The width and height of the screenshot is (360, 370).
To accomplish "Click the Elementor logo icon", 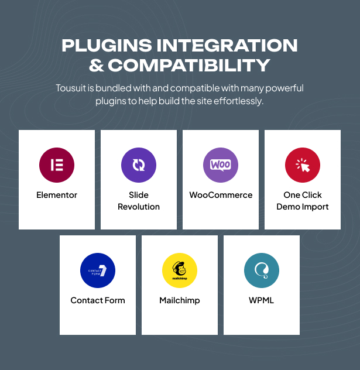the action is (57, 165).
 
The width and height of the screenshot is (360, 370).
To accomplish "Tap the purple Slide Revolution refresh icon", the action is (139, 165).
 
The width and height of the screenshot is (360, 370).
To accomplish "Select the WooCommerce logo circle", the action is (221, 165).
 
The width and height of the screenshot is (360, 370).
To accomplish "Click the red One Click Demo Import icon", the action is (303, 165).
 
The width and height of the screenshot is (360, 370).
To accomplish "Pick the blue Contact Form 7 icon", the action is (98, 270).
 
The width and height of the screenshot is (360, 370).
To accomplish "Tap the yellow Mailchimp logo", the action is (180, 270).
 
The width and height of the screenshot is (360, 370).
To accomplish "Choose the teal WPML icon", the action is (262, 270).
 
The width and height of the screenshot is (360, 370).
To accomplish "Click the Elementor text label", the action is (57, 195).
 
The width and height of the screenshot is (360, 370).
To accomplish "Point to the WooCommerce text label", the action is (221, 195).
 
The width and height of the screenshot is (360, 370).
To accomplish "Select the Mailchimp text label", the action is (180, 301).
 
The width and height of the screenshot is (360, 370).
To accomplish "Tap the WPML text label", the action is (262, 300).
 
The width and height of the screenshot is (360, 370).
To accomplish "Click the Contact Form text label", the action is (98, 300).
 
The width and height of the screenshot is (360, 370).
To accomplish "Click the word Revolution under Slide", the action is (139, 207).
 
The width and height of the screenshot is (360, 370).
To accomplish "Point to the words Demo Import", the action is (303, 207).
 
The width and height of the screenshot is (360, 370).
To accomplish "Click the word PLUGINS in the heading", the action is (107, 45).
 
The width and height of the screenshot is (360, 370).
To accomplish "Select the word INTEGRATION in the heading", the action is (227, 45).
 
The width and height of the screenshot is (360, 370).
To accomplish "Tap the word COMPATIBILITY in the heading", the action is (189, 65).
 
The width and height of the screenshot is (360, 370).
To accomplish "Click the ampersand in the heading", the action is (97, 65).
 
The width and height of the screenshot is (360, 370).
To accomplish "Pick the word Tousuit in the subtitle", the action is (71, 88).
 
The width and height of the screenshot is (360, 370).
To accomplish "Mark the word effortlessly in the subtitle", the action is (238, 101).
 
